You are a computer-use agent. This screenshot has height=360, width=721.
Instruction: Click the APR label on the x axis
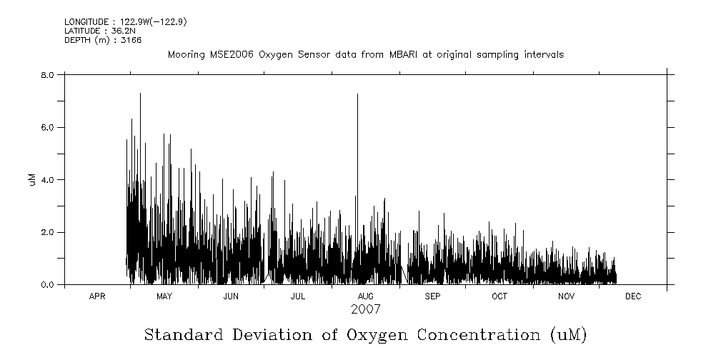97,296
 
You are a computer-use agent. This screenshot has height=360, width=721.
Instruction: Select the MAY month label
164,296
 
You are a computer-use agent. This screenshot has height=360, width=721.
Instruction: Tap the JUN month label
231,296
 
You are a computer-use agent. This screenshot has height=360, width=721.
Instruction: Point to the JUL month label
298,296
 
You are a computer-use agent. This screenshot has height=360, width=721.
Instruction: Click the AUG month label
365,296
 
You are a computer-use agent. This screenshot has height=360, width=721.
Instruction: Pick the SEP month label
432,296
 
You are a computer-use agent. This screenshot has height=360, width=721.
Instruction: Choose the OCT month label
499,296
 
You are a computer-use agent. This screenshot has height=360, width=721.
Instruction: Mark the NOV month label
566,296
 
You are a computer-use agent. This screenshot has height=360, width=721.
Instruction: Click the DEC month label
633,296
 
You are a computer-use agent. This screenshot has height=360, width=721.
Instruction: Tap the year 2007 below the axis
365,309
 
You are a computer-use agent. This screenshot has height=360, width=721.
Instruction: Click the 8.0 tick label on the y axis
48,74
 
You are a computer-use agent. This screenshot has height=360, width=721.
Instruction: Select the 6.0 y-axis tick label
48,127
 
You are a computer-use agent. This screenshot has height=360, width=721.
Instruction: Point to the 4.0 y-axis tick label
48,179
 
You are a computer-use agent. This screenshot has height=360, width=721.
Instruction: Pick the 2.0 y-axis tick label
48,232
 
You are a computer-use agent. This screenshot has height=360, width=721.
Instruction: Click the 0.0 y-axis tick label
48,285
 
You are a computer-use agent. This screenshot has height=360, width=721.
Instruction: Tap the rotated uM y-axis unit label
31,179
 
